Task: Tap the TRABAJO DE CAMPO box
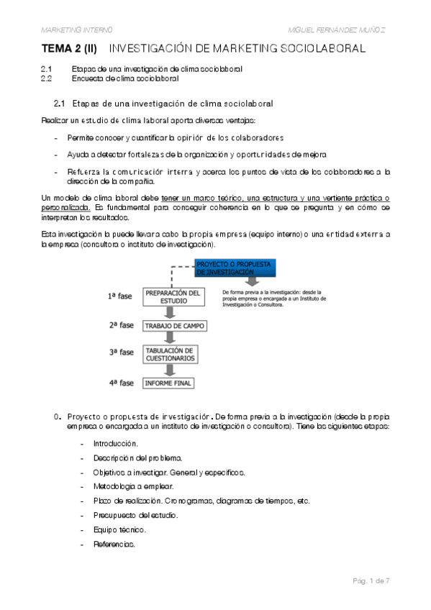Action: click(x=174, y=326)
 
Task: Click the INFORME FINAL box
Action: click(x=168, y=383)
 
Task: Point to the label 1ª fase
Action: click(x=121, y=296)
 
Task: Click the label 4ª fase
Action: click(x=122, y=383)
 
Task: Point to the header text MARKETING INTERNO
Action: click(x=76, y=29)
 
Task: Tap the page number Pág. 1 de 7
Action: click(x=371, y=580)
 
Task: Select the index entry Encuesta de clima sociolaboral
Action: click(x=125, y=78)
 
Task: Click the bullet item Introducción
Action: click(x=115, y=444)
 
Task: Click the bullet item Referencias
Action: click(x=114, y=544)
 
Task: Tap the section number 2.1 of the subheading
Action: click(x=60, y=104)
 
